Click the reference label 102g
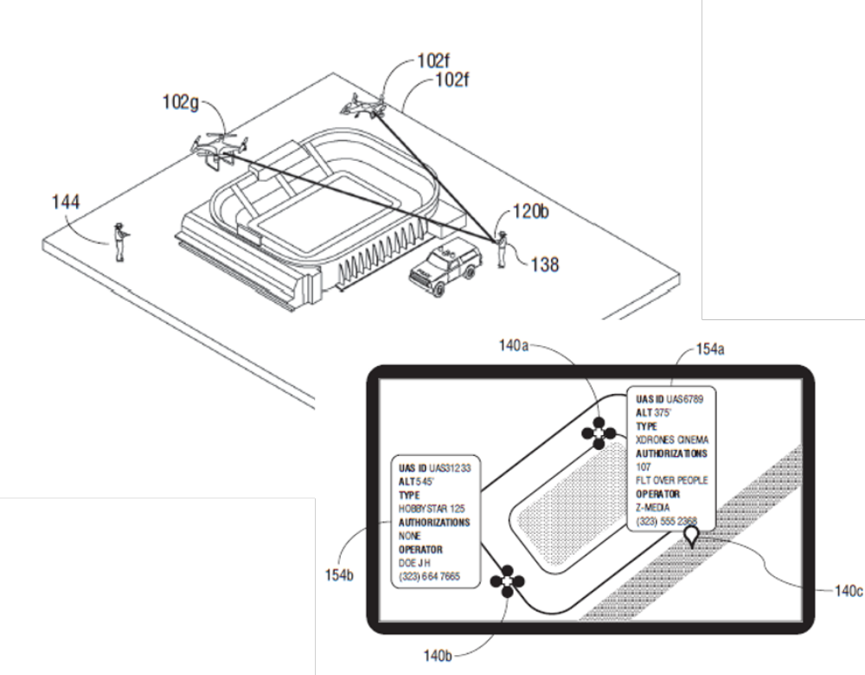181,102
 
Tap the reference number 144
66,202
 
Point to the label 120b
531,211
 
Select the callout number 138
545,265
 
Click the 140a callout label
514,345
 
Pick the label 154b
339,575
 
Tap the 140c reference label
849,591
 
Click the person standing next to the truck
502,249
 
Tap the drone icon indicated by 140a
599,434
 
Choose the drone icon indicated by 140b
508,582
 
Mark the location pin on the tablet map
691,536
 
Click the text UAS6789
684,399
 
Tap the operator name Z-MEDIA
652,507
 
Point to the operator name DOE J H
414,563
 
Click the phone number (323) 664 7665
429,576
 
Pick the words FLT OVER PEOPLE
671,480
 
